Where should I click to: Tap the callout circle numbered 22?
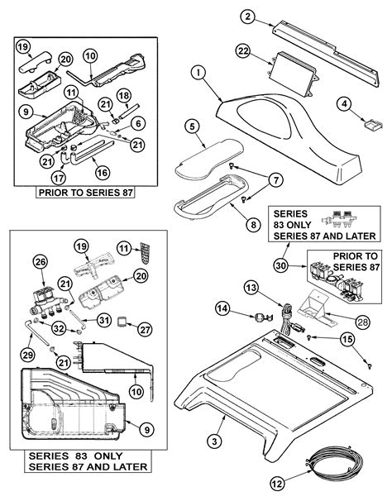(242, 51)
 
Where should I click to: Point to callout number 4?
(345, 103)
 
